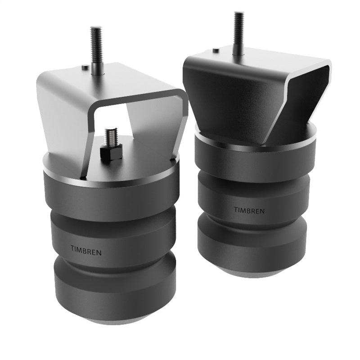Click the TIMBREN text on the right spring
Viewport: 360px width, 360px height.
coord(249,210)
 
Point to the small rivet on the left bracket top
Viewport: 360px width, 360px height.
coord(85,67)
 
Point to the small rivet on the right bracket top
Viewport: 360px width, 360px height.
coord(216,50)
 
